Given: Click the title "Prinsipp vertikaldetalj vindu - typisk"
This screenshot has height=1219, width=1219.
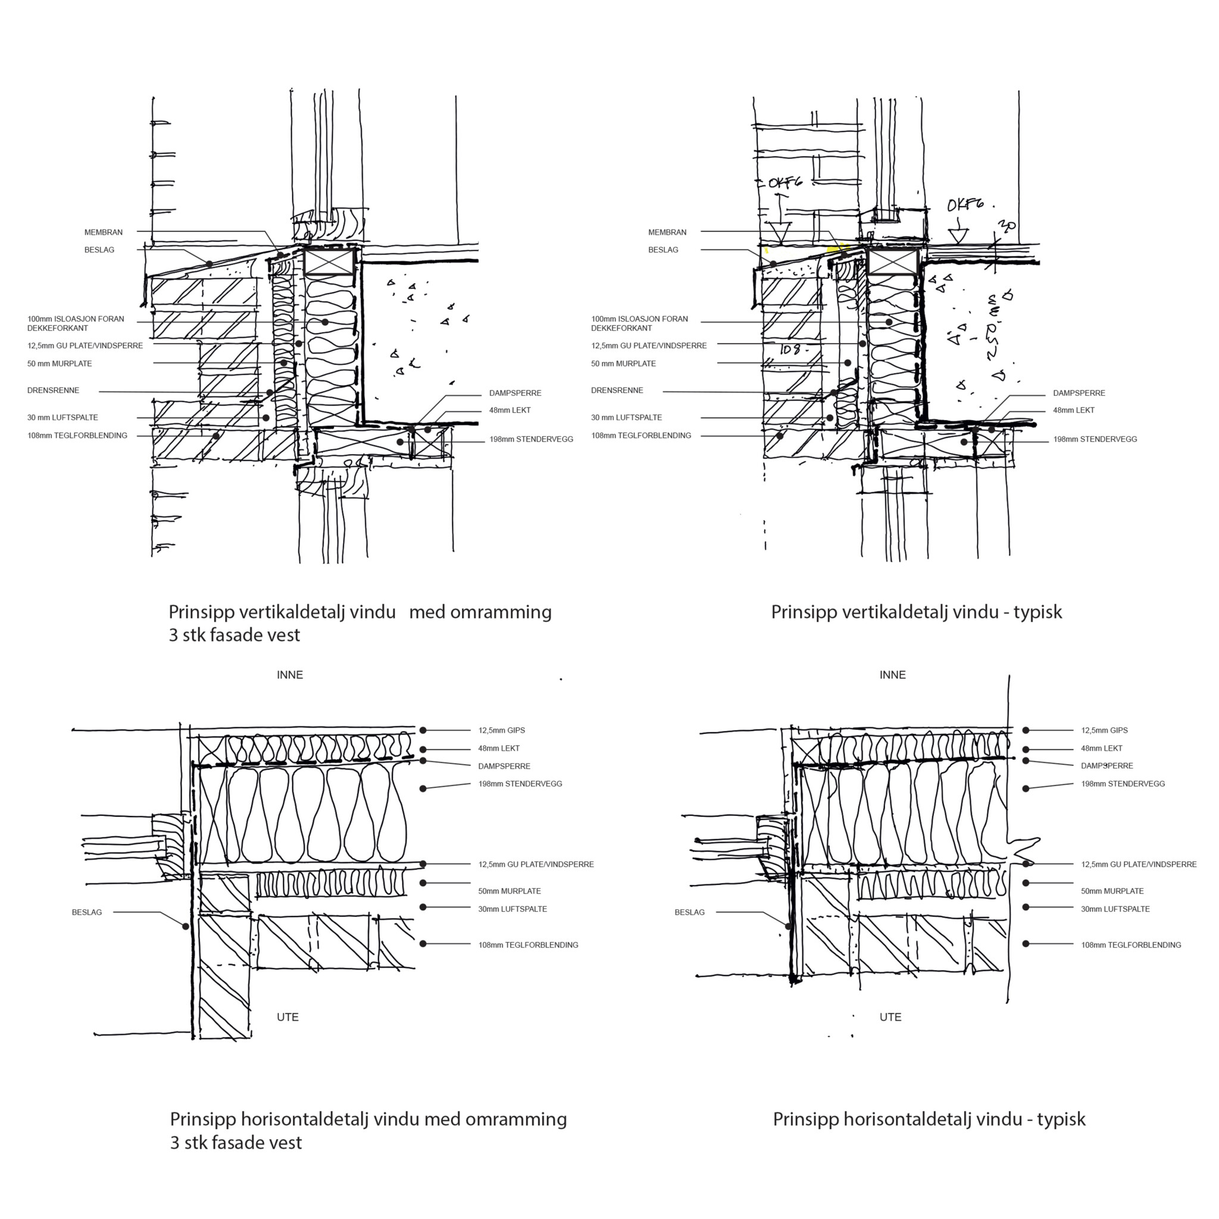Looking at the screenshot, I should [916, 612].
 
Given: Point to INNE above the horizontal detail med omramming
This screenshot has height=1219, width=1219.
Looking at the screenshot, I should [290, 675].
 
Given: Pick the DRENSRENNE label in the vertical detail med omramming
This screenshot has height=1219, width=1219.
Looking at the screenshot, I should [53, 390].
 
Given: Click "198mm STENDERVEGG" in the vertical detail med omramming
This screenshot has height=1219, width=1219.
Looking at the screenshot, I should [532, 439].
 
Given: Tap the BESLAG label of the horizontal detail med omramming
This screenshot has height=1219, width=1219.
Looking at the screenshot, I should [86, 912].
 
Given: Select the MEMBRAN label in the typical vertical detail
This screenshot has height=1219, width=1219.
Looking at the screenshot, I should [667, 232].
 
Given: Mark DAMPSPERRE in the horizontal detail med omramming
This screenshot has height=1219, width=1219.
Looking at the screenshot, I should [504, 767].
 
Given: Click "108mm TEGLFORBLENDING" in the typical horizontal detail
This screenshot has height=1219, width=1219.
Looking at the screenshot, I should [1131, 945].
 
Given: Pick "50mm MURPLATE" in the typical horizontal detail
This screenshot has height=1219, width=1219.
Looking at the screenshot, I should [1112, 892].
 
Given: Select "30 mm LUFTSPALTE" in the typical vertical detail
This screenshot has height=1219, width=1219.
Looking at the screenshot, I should [626, 418].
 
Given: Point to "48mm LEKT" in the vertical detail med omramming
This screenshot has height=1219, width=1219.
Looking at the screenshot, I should [510, 410].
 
